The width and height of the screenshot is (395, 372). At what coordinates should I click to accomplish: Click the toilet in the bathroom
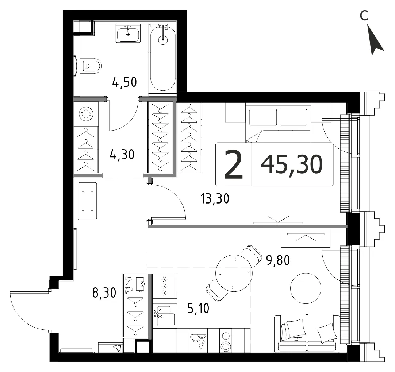91,66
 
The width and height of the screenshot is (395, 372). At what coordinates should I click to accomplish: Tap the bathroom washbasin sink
129,34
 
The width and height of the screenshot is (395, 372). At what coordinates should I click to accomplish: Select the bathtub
163,59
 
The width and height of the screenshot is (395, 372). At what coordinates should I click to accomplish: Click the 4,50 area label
124,82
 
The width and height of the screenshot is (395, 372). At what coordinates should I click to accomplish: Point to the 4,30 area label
122,154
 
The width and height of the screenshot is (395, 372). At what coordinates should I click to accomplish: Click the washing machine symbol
86,114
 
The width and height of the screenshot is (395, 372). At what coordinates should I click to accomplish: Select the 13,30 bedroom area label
215,198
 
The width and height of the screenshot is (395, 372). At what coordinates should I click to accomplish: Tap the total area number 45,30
292,164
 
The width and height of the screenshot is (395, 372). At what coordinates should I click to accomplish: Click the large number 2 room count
233,164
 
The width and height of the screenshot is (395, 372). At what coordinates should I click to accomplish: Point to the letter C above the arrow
364,16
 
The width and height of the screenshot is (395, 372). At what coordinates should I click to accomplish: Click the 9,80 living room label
278,260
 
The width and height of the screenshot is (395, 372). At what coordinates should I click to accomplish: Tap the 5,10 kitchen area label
198,308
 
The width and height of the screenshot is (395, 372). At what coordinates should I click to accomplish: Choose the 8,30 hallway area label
104,293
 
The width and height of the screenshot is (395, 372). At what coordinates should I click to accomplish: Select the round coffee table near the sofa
306,288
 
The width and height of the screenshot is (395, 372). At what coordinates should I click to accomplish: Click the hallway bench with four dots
87,201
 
